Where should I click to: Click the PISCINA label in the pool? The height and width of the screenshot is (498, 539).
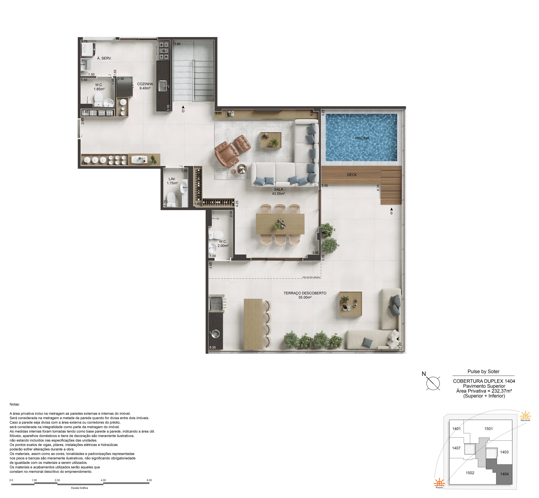(362, 138)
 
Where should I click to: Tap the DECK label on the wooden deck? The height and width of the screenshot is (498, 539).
(352, 175)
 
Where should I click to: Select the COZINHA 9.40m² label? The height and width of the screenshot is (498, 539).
(145, 86)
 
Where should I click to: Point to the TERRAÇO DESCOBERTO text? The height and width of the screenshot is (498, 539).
(305, 293)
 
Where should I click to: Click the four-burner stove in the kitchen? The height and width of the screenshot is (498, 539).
(164, 50)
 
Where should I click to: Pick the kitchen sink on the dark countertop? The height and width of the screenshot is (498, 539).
(163, 86)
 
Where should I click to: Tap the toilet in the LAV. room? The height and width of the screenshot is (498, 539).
(171, 199)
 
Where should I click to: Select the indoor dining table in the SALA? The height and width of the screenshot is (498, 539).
(280, 224)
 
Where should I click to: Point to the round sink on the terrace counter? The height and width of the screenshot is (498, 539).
(215, 334)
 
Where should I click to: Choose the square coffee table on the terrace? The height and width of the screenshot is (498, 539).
(350, 304)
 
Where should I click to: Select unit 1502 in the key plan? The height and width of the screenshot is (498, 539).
(470, 473)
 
